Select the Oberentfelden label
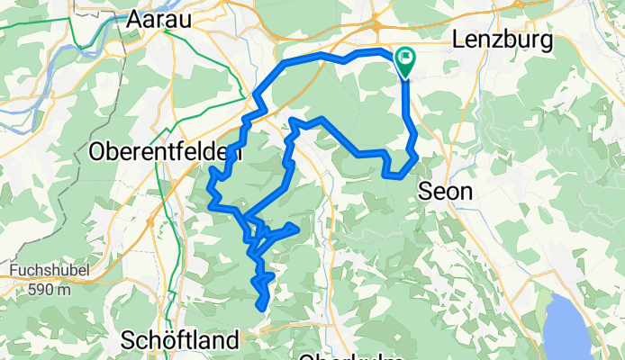coord(166,153)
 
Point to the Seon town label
coord(444,192)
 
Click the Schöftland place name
coord(180,340)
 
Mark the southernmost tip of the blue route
coord(262,309)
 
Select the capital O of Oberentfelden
coord(98,153)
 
